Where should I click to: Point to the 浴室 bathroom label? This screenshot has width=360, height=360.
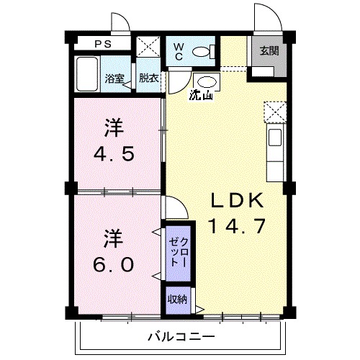(114, 78)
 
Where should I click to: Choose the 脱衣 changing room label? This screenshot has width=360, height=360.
(149, 78)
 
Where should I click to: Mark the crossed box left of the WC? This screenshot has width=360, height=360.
(150, 49)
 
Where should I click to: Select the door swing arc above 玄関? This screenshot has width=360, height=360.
(263, 18)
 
